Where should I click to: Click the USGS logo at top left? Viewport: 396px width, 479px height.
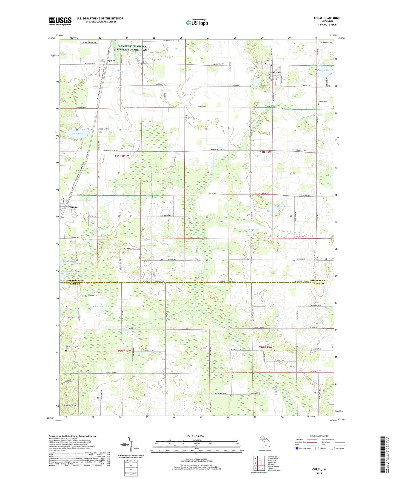tap(60, 21)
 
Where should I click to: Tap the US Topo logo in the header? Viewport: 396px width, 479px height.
tap(197, 22)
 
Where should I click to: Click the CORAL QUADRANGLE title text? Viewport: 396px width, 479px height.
tap(327, 18)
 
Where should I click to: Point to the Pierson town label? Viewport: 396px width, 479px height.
tap(73, 207)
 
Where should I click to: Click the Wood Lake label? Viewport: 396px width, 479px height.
tap(77, 134)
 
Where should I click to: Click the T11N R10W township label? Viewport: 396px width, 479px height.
tap(122, 156)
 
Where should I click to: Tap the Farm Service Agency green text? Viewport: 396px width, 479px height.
tap(132, 48)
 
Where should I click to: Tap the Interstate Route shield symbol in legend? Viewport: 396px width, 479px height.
tap(297, 448)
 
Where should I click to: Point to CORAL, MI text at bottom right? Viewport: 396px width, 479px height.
tap(319, 469)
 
